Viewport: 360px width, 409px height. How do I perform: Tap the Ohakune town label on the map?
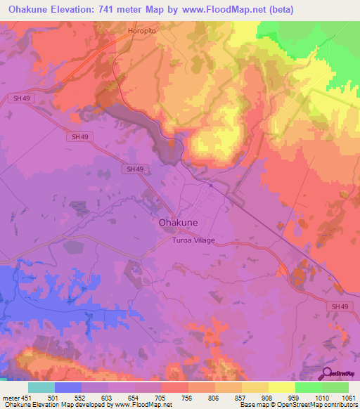click(x=178, y=222)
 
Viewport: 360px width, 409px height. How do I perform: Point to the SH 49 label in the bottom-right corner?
click(x=340, y=307)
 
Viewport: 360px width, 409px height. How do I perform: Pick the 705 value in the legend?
click(x=162, y=397)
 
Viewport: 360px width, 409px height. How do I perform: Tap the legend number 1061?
click(x=347, y=397)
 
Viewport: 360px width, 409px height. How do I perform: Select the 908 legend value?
click(x=269, y=397)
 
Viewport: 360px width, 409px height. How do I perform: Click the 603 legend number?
click(x=108, y=397)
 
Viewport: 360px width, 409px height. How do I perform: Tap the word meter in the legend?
click(x=10, y=397)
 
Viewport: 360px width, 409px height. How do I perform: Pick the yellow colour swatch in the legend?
click(x=281, y=387)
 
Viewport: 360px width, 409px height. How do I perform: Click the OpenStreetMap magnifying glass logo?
click(x=328, y=374)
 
